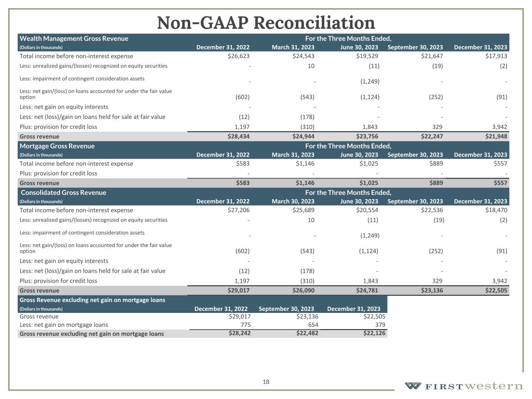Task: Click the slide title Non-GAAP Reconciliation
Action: click(x=266, y=23)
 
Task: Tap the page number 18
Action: click(x=266, y=382)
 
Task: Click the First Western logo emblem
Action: click(x=413, y=386)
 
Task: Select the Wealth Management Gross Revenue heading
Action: click(x=74, y=39)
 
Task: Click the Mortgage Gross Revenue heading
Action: click(x=57, y=146)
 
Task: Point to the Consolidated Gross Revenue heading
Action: click(x=63, y=192)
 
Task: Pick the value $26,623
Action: click(x=238, y=56)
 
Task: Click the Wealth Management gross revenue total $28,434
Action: click(x=238, y=136)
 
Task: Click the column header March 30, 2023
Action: click(x=293, y=201)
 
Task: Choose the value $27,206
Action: click(x=238, y=210)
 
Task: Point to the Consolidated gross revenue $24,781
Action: click(x=367, y=290)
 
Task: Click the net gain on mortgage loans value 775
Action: click(x=246, y=325)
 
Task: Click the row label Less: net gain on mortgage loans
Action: click(x=64, y=325)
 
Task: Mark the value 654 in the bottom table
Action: click(x=313, y=325)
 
